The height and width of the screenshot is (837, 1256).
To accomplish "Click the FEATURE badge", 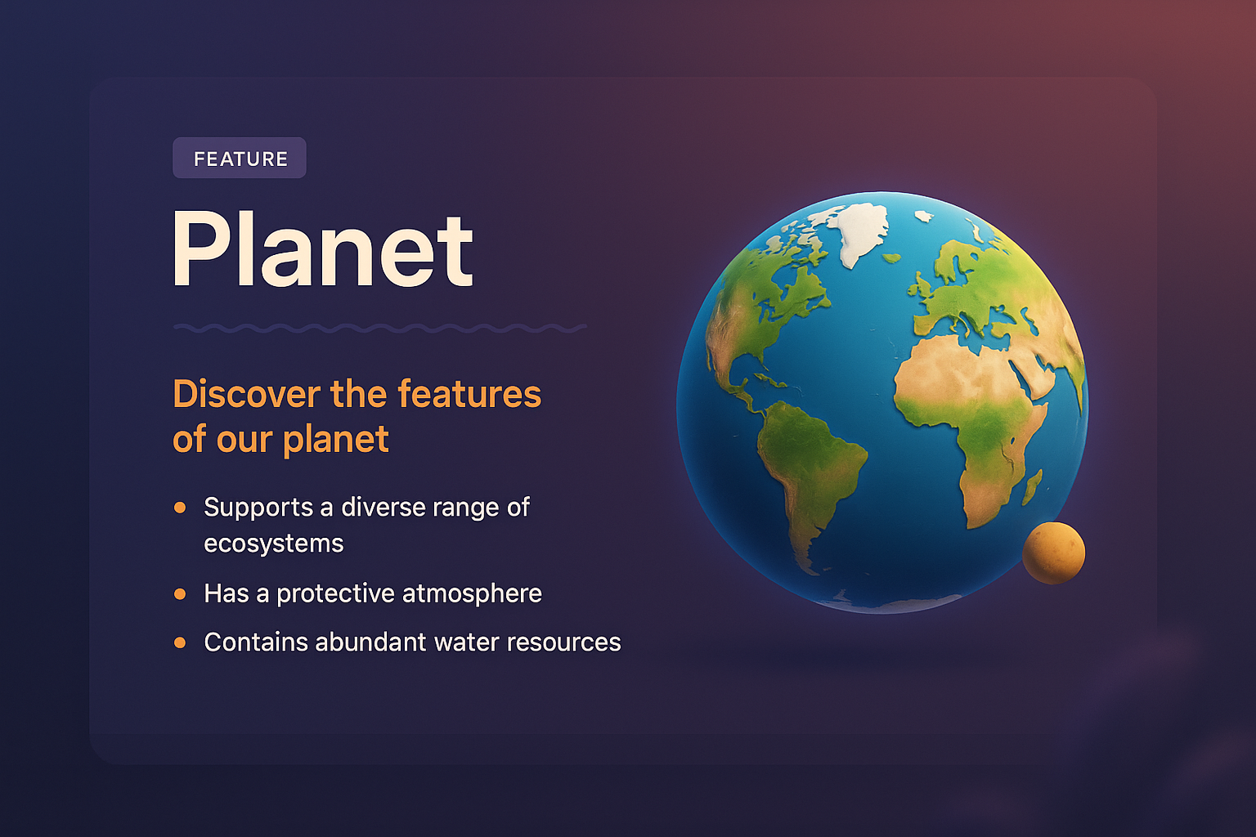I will pyautogui.click(x=240, y=158).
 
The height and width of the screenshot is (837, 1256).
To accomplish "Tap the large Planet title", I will pyautogui.click(x=321, y=249).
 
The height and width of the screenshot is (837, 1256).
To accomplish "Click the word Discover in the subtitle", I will pyautogui.click(x=246, y=394).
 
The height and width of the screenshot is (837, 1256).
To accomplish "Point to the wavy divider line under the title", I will pyautogui.click(x=379, y=328).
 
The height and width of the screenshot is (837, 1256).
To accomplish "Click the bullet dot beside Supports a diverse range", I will pyautogui.click(x=180, y=508).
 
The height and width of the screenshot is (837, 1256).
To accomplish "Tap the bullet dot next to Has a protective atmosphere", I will pyautogui.click(x=180, y=593).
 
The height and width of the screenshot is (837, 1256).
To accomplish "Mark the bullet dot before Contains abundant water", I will pyautogui.click(x=180, y=642).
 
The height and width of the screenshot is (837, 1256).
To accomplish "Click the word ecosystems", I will pyautogui.click(x=273, y=544).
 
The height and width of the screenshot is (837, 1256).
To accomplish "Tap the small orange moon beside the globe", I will pyautogui.click(x=1053, y=553).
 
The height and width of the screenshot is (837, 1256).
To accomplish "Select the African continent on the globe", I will pyautogui.click(x=973, y=409).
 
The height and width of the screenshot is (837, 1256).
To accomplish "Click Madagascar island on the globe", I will pyautogui.click(x=1033, y=486).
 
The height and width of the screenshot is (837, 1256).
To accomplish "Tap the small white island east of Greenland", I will pyautogui.click(x=924, y=217).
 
